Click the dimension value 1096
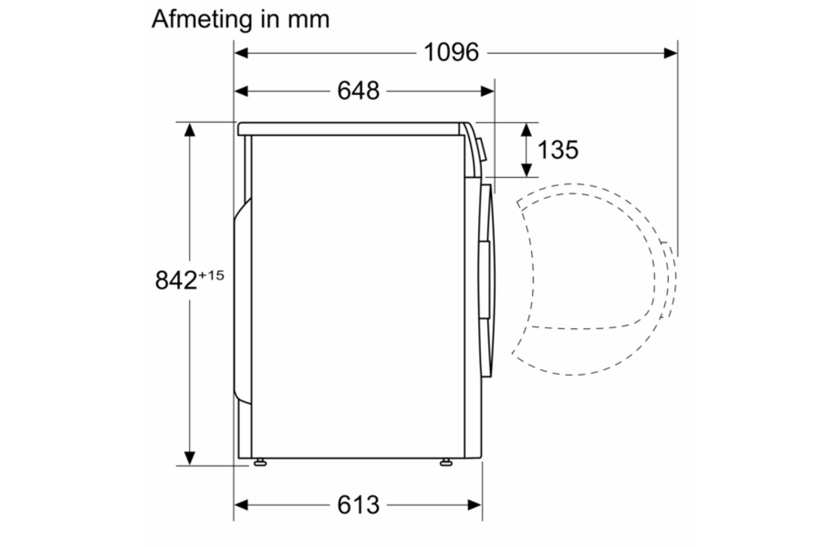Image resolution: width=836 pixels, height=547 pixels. [x=451, y=52]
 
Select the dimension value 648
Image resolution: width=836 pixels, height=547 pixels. [x=358, y=91]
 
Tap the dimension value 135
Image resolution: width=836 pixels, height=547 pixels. [x=558, y=150]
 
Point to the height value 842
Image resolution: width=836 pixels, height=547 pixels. [x=176, y=280]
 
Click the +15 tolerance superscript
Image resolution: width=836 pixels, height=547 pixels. [x=211, y=275]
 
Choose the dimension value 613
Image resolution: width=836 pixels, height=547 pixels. [x=358, y=504]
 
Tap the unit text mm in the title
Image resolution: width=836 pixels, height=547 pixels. [x=309, y=20]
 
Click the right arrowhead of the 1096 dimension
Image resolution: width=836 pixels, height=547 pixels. [x=670, y=52]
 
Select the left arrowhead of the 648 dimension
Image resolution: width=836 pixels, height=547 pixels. [x=241, y=91]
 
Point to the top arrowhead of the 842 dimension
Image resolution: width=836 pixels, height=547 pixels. [x=190, y=129]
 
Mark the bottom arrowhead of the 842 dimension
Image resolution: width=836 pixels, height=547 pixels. [x=190, y=458]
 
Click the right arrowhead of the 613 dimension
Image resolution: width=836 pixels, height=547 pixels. [x=476, y=504]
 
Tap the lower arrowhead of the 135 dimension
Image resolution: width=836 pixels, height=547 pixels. [x=525, y=168]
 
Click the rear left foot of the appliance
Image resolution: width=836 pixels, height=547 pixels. [x=260, y=461]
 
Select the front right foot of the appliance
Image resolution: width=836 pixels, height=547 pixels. [x=445, y=461]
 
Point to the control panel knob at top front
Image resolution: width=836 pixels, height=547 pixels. [x=481, y=148]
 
